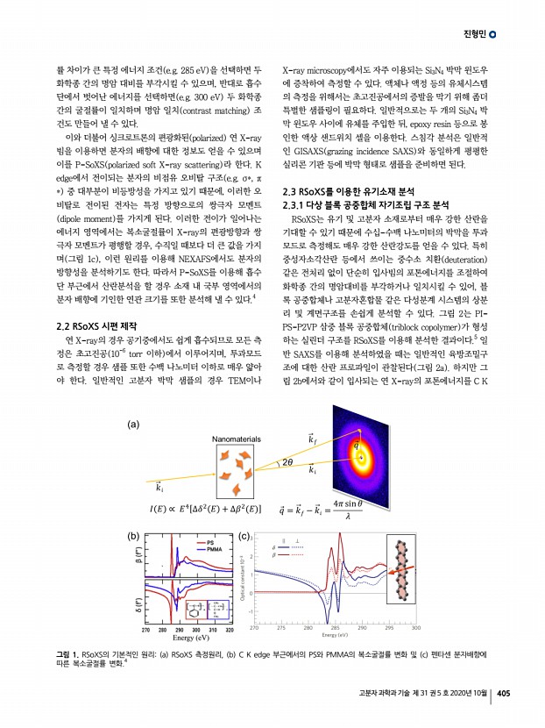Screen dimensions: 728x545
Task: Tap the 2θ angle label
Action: (x=287, y=462)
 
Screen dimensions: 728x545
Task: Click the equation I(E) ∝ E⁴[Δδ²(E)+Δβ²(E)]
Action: (x=206, y=508)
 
